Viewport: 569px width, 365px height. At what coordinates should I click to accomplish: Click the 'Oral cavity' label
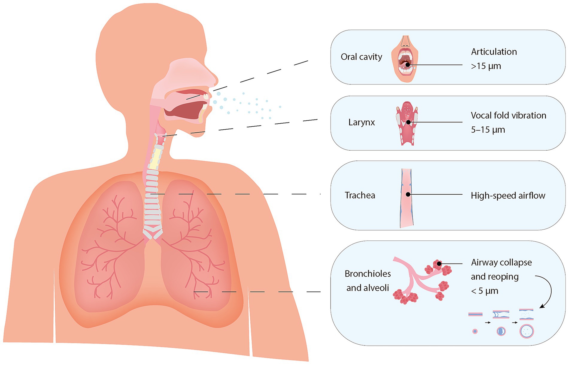click(361, 57)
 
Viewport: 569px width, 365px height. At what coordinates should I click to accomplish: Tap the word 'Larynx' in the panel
click(361, 122)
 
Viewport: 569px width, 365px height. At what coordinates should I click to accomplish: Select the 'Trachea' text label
click(360, 195)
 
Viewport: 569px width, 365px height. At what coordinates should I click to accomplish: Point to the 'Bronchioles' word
click(368, 274)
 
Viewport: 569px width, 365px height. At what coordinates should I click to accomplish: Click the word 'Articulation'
click(494, 52)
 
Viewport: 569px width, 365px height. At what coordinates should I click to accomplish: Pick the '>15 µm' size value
click(486, 66)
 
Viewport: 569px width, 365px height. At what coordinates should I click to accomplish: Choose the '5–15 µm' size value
click(488, 130)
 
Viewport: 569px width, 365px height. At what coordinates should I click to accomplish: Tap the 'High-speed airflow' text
click(508, 196)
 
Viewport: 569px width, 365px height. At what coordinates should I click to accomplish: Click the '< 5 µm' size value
click(485, 291)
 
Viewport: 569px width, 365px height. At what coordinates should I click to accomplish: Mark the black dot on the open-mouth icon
click(408, 65)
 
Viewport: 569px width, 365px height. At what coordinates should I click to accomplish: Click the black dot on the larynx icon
click(408, 122)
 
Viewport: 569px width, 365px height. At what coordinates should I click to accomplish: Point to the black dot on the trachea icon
click(408, 194)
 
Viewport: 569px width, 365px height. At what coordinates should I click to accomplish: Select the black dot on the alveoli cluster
click(439, 264)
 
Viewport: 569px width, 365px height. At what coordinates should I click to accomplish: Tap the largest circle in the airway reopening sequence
click(527, 331)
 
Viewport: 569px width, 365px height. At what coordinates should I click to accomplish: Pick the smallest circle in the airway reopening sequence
click(475, 331)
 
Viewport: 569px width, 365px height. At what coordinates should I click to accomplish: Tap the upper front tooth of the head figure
click(206, 96)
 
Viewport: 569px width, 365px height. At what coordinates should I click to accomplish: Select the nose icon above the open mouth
click(405, 41)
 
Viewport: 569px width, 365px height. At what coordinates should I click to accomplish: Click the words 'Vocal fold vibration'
click(508, 116)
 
